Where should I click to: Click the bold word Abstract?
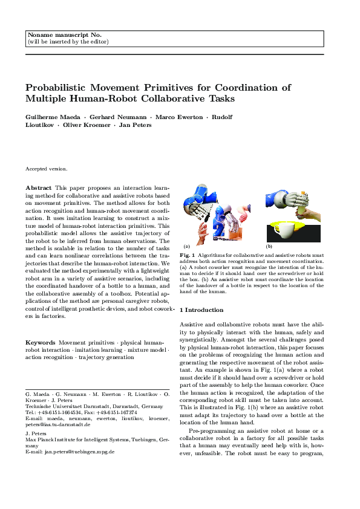click(x=38, y=188)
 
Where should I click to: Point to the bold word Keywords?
click(x=41, y=342)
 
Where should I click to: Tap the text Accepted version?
click(x=47, y=169)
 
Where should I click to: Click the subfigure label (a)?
click(x=187, y=246)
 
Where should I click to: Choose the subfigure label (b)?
click(x=269, y=246)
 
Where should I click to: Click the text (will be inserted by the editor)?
click(x=68, y=42)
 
